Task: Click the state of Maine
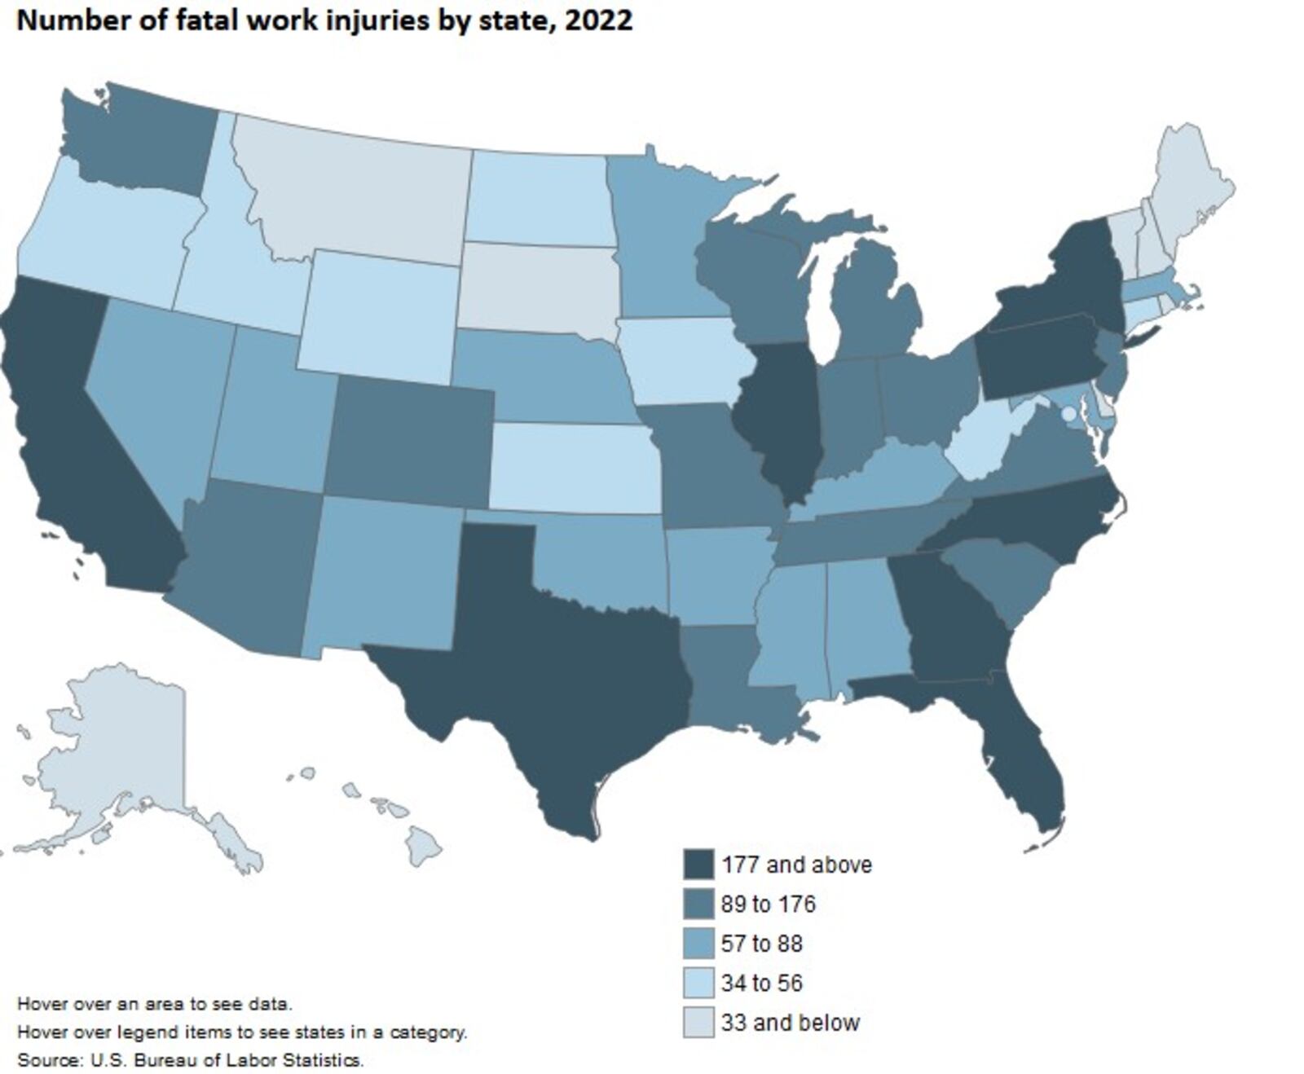point(1190,187)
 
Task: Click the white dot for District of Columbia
point(1068,414)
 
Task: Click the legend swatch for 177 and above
point(698,865)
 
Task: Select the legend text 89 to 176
point(768,905)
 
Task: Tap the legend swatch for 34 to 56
point(698,984)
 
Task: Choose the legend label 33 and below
point(790,1023)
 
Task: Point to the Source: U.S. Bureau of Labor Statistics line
point(190,1060)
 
